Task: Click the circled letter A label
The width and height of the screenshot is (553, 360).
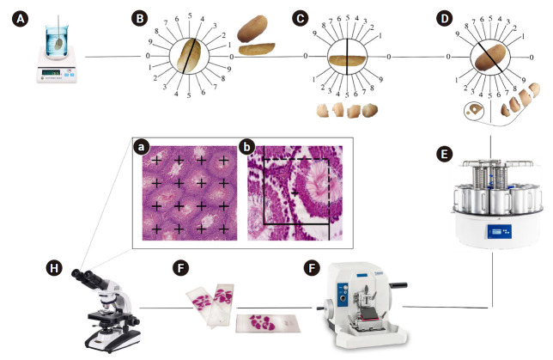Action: coord(21,19)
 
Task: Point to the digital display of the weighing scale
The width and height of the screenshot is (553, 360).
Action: coord(51,72)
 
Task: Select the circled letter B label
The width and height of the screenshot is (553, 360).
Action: coord(140,19)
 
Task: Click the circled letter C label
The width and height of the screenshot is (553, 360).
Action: coord(301,19)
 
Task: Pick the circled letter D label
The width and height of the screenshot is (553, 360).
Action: coord(445,19)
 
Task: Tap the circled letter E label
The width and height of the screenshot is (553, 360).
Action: coord(444,155)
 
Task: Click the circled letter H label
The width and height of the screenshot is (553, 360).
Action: coord(54,268)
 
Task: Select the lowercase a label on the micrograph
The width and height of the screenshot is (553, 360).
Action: coord(141,147)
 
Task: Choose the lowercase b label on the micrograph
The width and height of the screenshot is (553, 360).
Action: coord(246,147)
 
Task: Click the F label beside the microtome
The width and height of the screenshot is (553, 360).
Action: coord(312,268)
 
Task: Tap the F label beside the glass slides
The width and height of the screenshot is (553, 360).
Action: coord(180,268)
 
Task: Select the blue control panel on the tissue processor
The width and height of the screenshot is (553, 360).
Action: coord(500,231)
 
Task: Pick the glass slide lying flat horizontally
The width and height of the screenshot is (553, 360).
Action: coord(268,323)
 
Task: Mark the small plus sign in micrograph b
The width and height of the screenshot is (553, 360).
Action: coord(295,193)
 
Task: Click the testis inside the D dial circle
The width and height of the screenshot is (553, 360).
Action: coord(490,57)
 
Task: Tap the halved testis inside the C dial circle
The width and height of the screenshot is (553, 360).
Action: coord(347,60)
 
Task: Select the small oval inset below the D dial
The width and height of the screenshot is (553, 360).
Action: coord(474,111)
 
